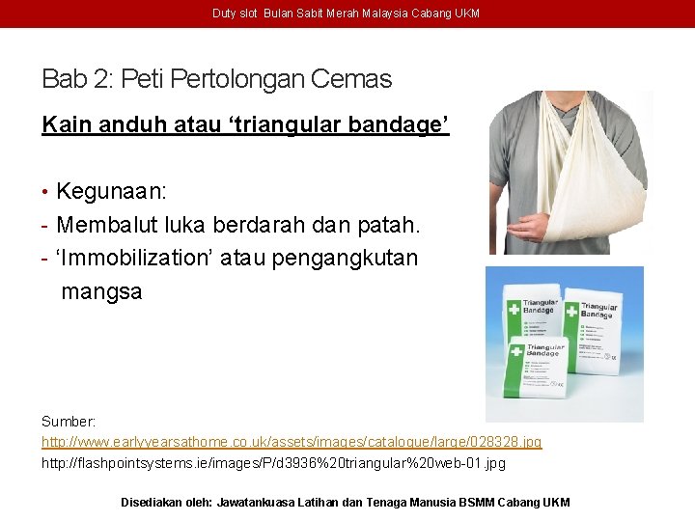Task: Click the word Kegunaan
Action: pos(110,191)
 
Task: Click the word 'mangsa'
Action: pos(101,290)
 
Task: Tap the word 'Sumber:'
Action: pos(69,422)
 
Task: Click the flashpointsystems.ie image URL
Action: pos(273,463)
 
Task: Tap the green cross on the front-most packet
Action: pos(514,351)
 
